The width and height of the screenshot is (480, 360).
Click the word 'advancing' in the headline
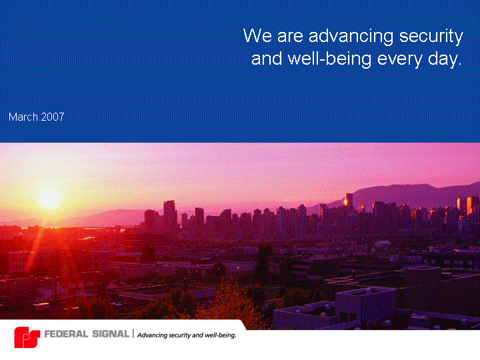point(351,37)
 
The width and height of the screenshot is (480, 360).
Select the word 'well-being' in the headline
point(330,58)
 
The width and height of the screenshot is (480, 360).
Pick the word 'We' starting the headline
point(257,35)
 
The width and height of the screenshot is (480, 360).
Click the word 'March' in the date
point(23,117)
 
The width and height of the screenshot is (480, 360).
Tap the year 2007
point(53,117)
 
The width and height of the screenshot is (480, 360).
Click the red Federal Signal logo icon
point(27,337)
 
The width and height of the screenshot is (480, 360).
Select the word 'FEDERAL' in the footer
point(66,334)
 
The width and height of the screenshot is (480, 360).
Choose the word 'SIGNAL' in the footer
point(111,334)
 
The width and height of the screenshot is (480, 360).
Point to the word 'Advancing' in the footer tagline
point(152,335)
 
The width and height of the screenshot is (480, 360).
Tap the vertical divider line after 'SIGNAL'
point(133,334)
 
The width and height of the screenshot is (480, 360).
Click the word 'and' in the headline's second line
point(266,58)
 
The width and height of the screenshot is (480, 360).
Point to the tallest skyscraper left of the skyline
point(170,214)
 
